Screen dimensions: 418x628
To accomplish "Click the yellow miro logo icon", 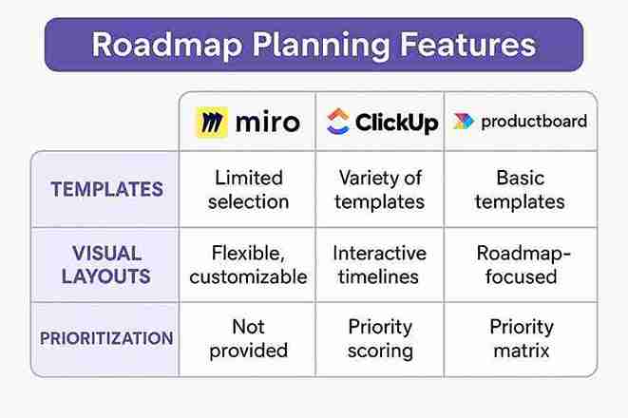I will [x=212, y=123].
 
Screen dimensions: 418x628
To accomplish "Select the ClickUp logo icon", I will [x=337, y=122].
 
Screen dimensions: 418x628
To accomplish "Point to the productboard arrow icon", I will [x=463, y=122].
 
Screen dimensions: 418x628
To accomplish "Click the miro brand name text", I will [x=266, y=123].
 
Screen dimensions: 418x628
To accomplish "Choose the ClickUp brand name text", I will [x=396, y=122].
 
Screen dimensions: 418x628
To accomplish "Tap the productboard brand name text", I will [x=534, y=122].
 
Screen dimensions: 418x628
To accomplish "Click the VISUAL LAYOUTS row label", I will [x=106, y=265].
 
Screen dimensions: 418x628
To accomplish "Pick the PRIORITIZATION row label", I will [x=106, y=338].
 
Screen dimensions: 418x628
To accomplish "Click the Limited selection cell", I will [x=249, y=189].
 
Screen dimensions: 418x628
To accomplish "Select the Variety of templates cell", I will [x=380, y=189].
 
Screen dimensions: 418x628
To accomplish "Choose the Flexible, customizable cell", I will [x=249, y=265].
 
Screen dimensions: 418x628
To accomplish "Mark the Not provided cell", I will [x=249, y=338].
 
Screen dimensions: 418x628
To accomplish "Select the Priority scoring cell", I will [x=380, y=338].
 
